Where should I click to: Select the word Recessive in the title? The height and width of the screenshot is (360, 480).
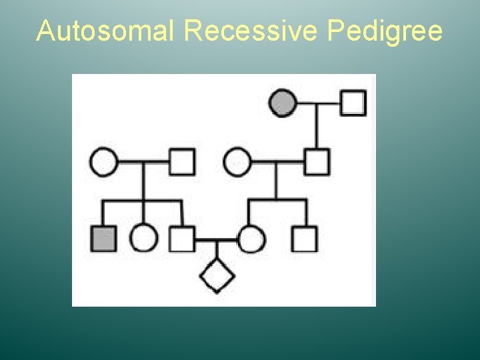(251, 31)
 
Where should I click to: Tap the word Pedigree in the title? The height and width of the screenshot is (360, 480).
(385, 31)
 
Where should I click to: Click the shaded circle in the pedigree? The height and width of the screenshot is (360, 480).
(283, 103)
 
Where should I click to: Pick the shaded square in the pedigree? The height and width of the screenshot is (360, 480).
(103, 239)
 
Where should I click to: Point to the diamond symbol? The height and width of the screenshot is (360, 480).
(217, 274)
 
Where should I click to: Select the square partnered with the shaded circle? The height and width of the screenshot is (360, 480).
(353, 103)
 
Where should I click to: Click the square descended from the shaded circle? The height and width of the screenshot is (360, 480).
(317, 162)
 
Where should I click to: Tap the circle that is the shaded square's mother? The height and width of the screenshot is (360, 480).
(103, 162)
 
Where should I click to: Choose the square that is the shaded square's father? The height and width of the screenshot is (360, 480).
(181, 162)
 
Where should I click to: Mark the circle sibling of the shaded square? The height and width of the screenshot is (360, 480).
(143, 239)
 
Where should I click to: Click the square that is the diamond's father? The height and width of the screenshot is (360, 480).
(181, 239)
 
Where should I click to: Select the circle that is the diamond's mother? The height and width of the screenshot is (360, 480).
(251, 239)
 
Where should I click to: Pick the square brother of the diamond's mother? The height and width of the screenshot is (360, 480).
(305, 239)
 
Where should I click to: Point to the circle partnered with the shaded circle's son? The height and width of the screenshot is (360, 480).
(237, 162)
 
